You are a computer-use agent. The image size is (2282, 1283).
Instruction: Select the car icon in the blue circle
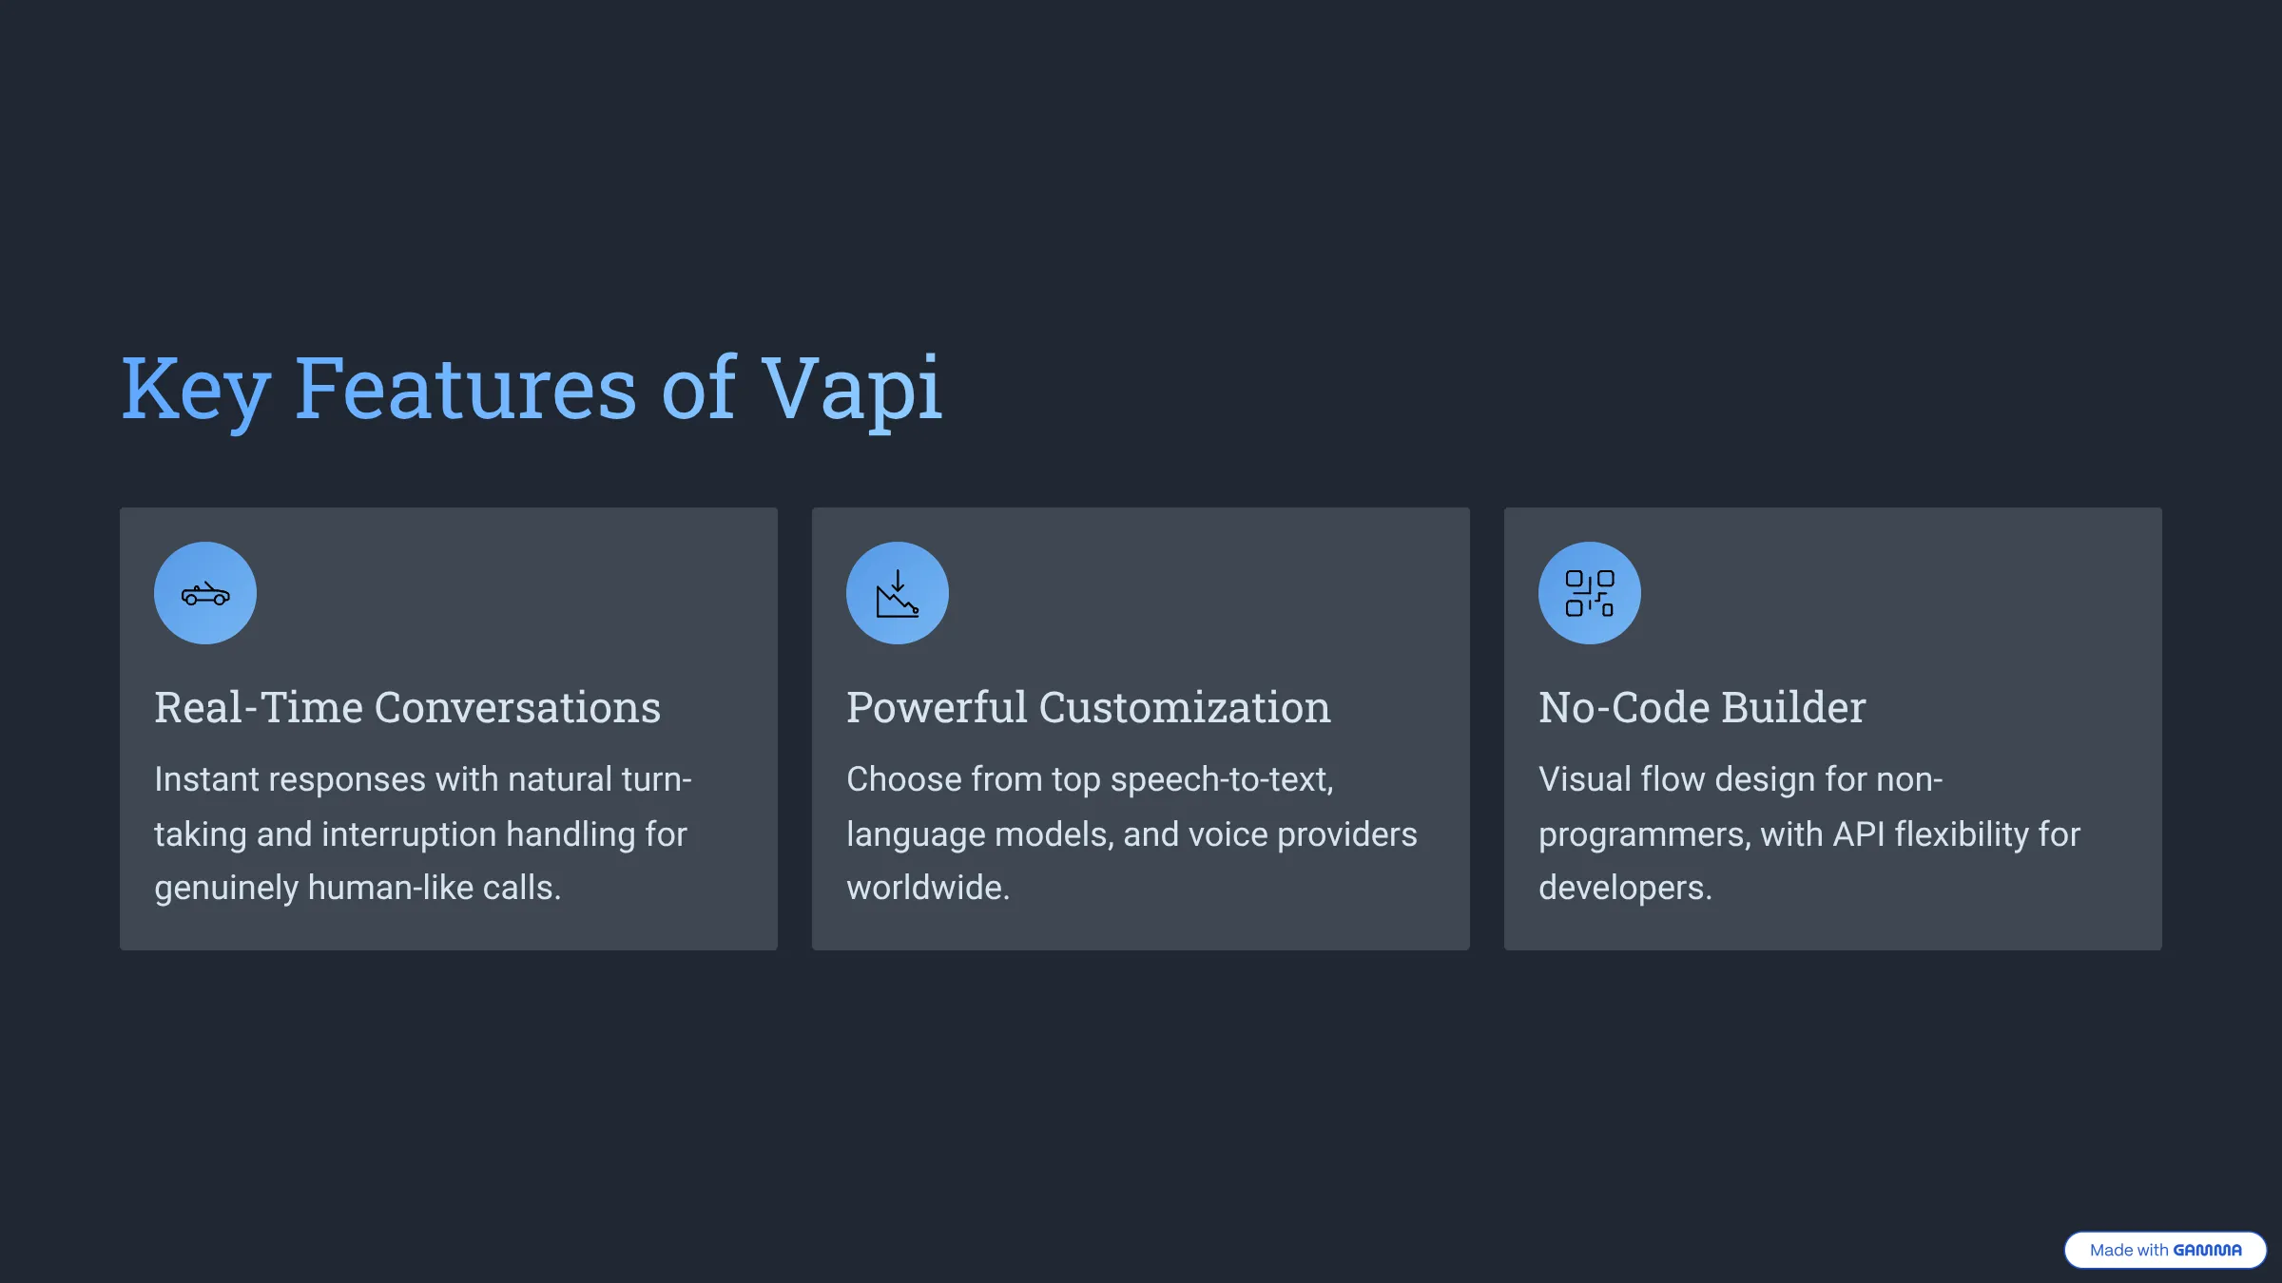click(x=205, y=594)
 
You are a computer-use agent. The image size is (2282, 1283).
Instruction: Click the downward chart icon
click(x=898, y=594)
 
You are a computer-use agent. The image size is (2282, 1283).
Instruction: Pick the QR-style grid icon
click(x=1590, y=594)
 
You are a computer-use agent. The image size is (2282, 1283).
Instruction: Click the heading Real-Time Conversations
click(x=407, y=707)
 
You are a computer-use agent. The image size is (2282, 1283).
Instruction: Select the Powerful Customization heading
click(x=1088, y=707)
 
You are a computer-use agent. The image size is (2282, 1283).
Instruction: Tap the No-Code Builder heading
click(x=1702, y=707)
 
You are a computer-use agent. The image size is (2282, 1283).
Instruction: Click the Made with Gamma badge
click(x=2165, y=1250)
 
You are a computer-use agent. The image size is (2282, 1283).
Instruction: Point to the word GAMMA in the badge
click(x=2207, y=1251)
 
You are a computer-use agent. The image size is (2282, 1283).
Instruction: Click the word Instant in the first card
click(x=205, y=779)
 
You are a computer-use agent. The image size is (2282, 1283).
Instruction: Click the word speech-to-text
click(x=1221, y=779)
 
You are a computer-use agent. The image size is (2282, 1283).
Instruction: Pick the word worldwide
click(x=927, y=888)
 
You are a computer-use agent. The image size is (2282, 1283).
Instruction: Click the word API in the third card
click(x=1858, y=834)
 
